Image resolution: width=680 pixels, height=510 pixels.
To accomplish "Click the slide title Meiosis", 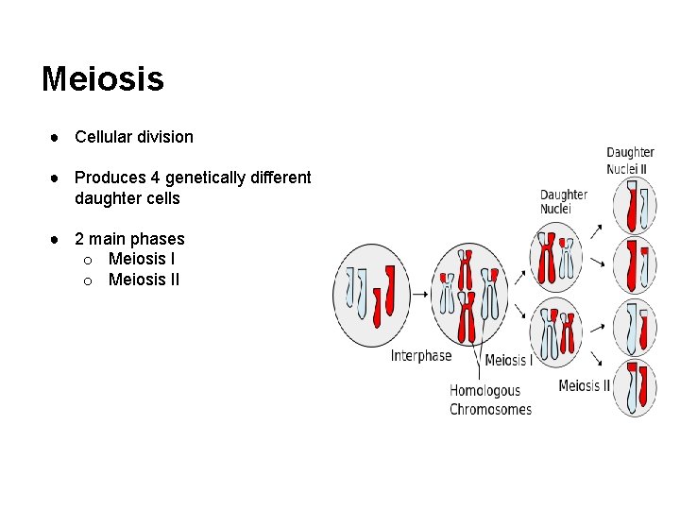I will [x=102, y=79].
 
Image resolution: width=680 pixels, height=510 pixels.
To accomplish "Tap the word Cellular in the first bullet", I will [x=102, y=137].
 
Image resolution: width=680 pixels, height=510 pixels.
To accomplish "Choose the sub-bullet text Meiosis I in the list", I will [x=142, y=259].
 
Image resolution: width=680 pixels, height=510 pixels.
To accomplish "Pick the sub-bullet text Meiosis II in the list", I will [x=144, y=280].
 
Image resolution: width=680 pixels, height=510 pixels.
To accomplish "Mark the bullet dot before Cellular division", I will [x=58, y=137].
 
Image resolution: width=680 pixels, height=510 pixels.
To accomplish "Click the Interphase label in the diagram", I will [x=421, y=356].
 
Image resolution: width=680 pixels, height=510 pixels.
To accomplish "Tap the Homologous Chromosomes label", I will [x=490, y=399].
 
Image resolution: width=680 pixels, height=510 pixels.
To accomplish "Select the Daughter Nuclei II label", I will [x=630, y=160].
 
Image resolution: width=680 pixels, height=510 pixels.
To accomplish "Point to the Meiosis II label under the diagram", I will [x=584, y=385].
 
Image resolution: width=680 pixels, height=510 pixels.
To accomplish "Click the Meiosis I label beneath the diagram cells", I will [x=508, y=360].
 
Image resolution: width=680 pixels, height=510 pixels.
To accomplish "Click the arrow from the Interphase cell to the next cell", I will [x=419, y=294].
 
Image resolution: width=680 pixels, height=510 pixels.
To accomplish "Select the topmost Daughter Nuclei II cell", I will [x=634, y=207].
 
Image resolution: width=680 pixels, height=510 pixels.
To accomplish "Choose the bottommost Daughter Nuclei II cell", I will [x=634, y=387].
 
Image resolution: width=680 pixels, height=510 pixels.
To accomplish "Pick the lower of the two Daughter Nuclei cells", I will [x=556, y=331].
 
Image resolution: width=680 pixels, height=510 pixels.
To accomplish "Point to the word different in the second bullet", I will [x=281, y=178].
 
